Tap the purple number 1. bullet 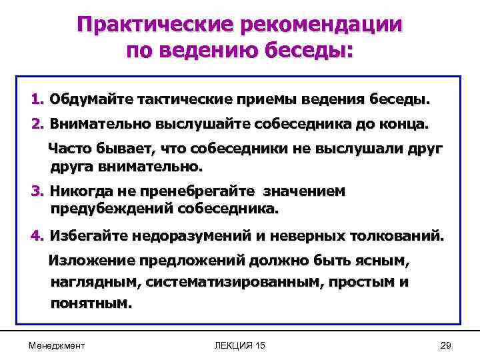coord(37,100)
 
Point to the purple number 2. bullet coord(37,124)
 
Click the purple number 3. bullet coord(37,192)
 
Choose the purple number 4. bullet coord(37,236)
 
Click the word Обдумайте coord(90,100)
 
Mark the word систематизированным coord(231,281)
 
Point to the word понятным coord(91,303)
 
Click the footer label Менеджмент coord(57,345)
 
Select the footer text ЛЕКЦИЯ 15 coord(240,345)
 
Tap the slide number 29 coord(447,345)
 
